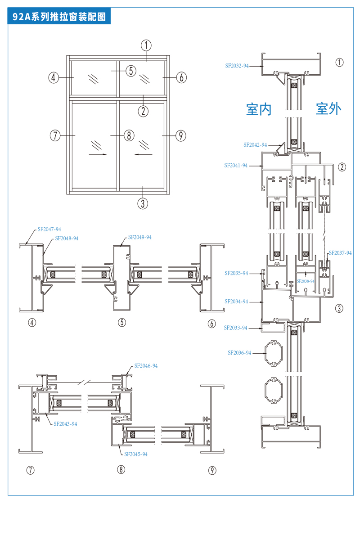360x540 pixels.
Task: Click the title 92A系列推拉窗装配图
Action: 59,16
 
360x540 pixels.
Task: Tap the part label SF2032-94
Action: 237,66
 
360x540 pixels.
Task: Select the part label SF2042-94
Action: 255,145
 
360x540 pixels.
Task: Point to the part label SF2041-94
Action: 236,166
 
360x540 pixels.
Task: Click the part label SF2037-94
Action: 340,253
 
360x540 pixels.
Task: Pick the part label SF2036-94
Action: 239,353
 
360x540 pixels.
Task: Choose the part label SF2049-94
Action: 140,237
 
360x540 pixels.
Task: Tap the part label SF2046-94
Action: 146,366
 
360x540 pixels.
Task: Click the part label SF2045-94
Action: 136,454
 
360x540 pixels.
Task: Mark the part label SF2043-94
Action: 65,424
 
